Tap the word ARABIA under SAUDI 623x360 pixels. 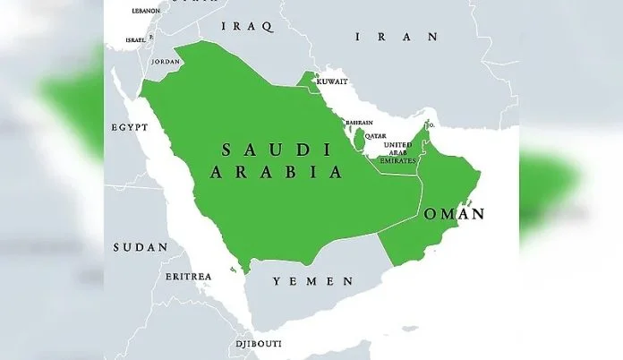[x=277, y=172]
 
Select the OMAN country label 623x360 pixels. [x=454, y=214]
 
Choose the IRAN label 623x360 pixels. [x=397, y=37]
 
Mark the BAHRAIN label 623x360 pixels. [x=359, y=123]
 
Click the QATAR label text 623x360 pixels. [x=375, y=135]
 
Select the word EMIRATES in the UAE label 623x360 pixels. [x=397, y=160]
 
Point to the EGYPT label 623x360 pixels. [x=129, y=127]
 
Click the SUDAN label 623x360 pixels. [x=140, y=246]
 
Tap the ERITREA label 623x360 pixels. [x=188, y=276]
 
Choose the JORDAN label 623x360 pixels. [x=166, y=62]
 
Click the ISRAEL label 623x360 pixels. [x=135, y=40]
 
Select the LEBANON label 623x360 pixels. [x=145, y=11]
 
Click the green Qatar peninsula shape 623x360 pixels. [x=360, y=139]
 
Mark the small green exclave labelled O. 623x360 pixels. [x=428, y=124]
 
